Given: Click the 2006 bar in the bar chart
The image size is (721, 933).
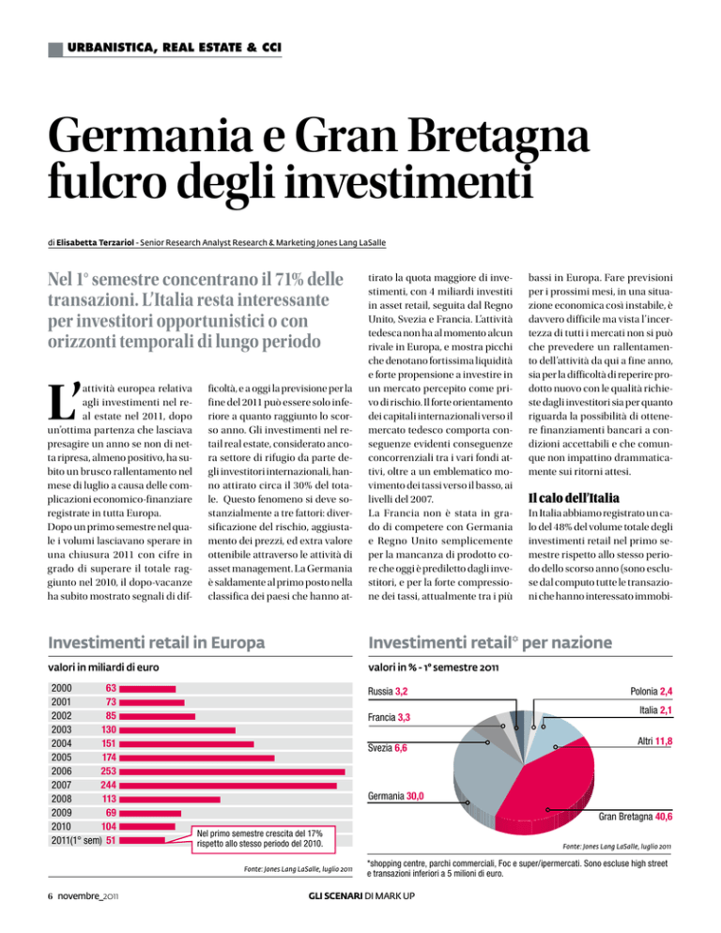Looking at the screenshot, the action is [x=232, y=772].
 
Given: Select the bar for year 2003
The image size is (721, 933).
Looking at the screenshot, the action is [x=177, y=730].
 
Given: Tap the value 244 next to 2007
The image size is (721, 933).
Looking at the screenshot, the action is [x=108, y=786].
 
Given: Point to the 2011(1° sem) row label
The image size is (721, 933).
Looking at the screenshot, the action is [x=76, y=841].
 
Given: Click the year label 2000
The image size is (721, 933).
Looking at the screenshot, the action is [x=61, y=688].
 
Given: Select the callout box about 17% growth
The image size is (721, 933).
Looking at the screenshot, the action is [x=263, y=839].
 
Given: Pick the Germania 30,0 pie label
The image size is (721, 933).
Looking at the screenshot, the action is [x=396, y=796].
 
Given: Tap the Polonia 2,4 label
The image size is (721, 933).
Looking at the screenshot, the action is [x=652, y=692].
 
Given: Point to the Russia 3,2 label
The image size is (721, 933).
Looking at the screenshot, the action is [x=388, y=692].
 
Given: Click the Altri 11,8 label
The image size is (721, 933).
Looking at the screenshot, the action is [x=655, y=742].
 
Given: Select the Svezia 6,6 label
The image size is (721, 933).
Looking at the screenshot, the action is [x=388, y=748].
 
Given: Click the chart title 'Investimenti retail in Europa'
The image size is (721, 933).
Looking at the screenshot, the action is [x=157, y=643].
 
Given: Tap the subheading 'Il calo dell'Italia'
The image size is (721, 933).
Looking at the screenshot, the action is [x=574, y=498].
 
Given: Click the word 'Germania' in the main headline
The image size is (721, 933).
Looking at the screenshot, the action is [x=150, y=136].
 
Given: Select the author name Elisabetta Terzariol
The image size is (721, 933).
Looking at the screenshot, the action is [x=95, y=243].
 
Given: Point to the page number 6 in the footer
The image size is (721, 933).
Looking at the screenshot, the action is [x=51, y=896].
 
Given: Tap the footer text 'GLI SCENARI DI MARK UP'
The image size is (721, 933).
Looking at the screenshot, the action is [x=362, y=896].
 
